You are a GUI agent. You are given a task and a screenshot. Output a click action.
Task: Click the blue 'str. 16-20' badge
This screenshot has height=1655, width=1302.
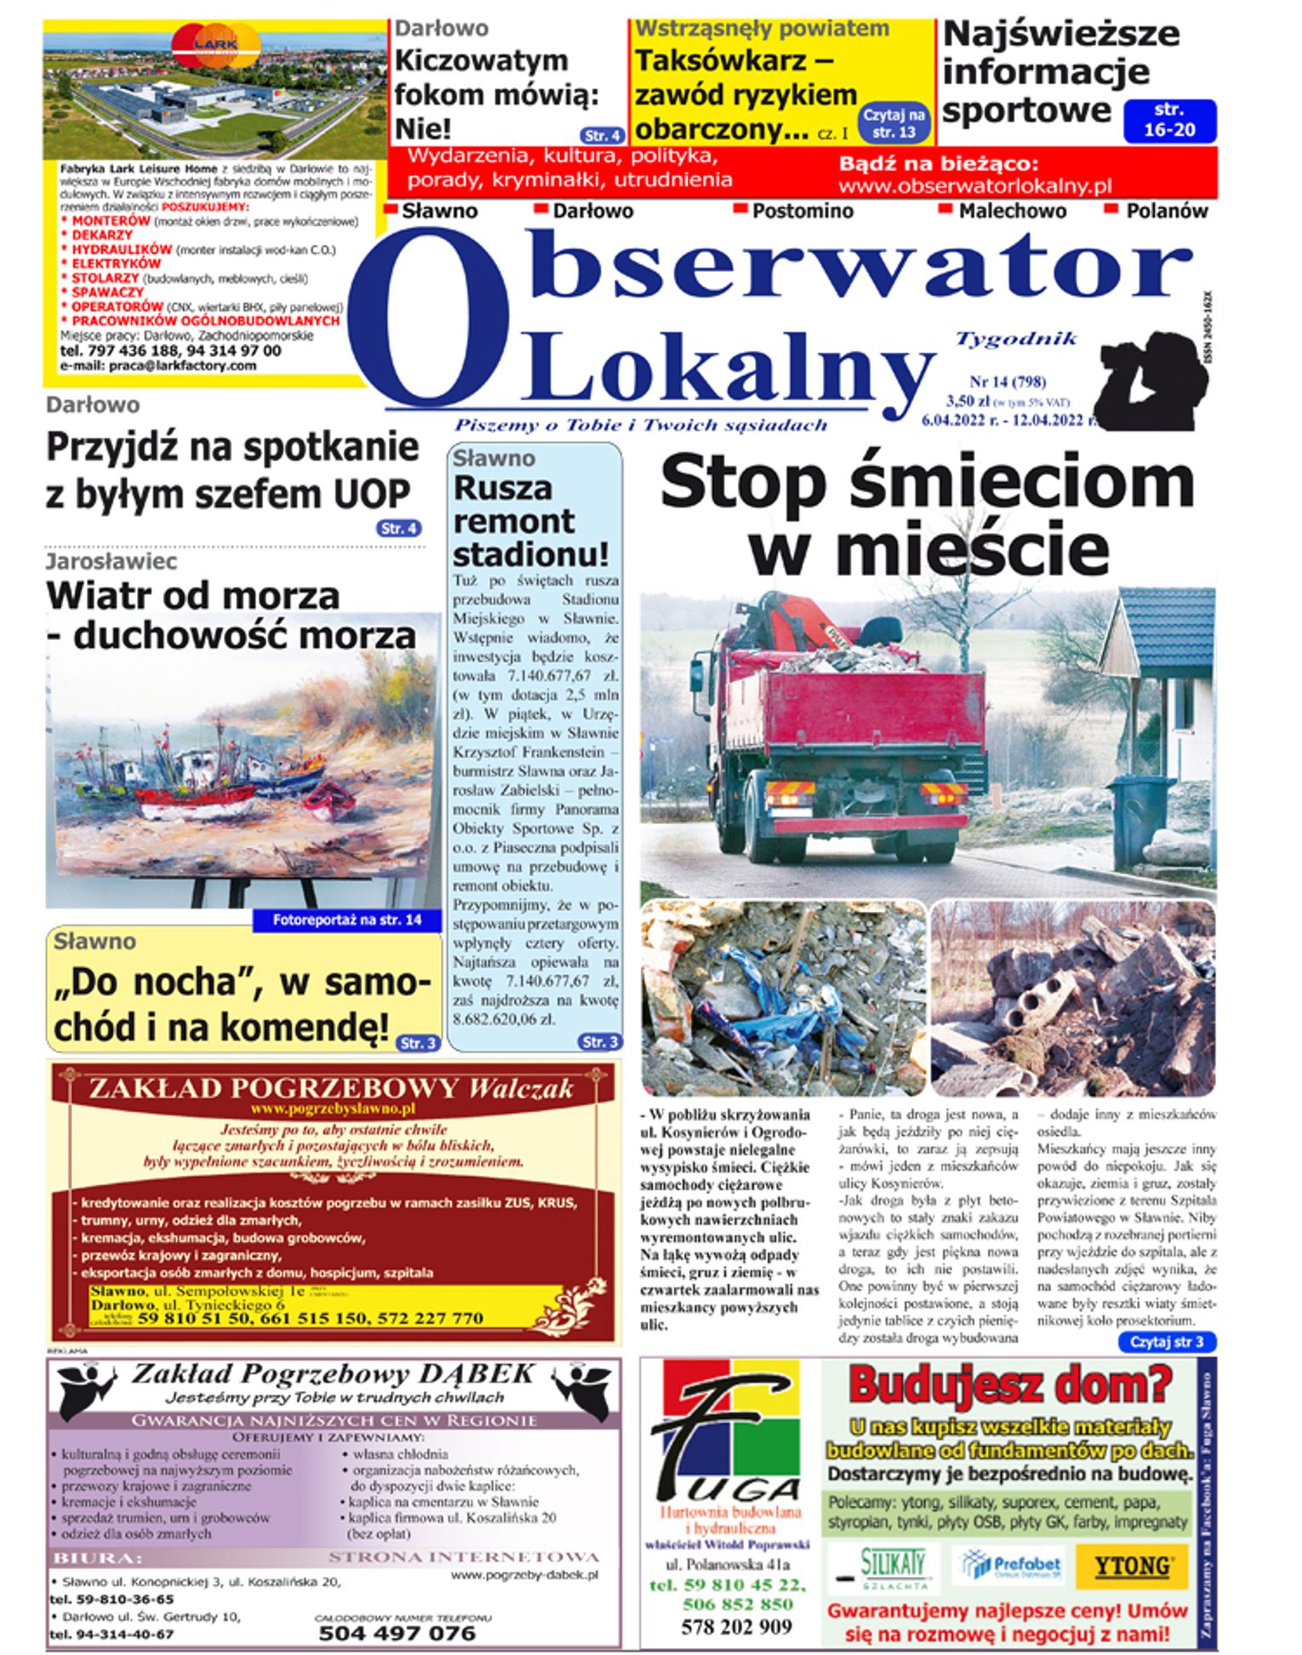1169,120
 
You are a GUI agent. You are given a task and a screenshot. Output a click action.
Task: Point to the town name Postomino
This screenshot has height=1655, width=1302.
802,211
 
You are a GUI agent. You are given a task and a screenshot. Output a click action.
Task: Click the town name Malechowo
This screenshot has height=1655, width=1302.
1011,211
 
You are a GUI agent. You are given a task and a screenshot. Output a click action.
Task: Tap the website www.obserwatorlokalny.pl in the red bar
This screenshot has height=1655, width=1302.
974,186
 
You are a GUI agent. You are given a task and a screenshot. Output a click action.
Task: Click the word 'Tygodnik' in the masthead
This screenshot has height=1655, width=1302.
1016,339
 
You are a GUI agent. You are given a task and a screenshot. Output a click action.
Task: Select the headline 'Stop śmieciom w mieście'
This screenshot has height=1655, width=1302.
928,516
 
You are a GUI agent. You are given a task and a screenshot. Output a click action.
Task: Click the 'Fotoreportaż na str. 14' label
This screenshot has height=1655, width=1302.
346,920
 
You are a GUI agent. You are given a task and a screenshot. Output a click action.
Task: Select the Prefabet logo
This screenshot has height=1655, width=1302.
1009,1565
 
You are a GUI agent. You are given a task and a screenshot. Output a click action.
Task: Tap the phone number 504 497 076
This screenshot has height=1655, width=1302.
397,1632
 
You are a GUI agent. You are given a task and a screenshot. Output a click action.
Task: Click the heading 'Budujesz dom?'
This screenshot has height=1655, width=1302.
1009,1384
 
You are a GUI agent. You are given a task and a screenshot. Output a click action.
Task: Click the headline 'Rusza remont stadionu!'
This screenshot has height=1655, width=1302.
532,521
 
